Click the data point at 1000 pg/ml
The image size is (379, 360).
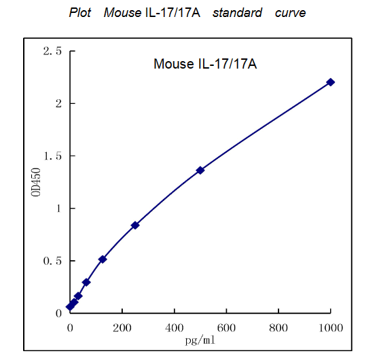(331, 82)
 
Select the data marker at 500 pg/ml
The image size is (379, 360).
(200, 170)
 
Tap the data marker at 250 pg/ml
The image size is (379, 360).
(135, 225)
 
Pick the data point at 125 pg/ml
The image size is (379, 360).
(103, 259)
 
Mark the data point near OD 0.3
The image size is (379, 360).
(86, 282)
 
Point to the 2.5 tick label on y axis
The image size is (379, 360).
(52, 52)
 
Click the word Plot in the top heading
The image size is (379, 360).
(80, 13)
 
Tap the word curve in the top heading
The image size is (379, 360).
(290, 13)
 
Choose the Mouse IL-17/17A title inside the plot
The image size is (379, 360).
(204, 65)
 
